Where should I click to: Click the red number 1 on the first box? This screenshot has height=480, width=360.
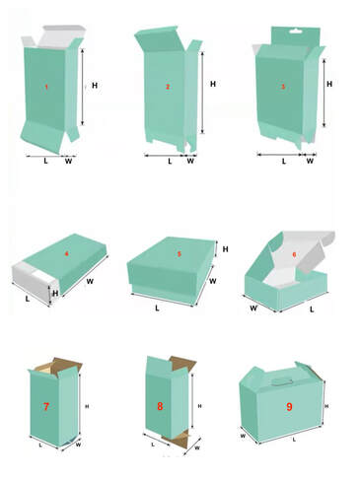click(46, 87)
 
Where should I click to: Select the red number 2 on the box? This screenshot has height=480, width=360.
click(168, 87)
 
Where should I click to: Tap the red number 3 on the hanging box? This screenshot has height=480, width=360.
click(283, 87)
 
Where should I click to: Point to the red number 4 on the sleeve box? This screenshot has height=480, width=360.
click(67, 253)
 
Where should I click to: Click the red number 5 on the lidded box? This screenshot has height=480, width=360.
click(180, 254)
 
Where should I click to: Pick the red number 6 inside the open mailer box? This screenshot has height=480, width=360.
click(294, 254)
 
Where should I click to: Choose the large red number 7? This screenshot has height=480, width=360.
click(46, 407)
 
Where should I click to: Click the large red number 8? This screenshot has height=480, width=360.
click(160, 406)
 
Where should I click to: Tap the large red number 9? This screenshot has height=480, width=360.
click(289, 407)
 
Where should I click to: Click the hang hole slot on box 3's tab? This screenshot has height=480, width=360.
click(295, 32)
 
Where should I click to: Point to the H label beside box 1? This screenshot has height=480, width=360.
click(95, 86)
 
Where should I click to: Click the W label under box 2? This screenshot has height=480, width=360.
click(190, 161)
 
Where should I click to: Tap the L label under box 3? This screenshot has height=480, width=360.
click(284, 162)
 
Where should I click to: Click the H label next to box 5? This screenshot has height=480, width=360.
click(225, 249)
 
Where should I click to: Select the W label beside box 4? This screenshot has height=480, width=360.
click(90, 281)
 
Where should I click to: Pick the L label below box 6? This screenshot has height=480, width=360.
click(312, 309)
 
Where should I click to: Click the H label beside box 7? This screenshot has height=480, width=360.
click(87, 406)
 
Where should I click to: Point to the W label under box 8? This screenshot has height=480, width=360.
click(197, 447)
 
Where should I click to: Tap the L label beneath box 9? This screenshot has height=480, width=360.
click(294, 440)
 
